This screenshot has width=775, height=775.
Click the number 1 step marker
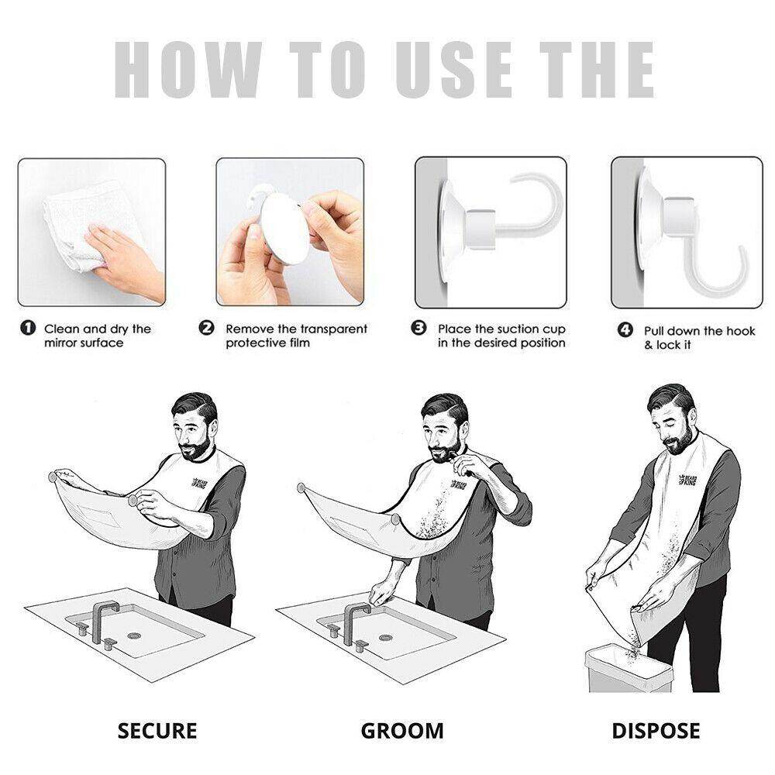coord(28,328)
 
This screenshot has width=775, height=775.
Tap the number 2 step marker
coord(207,328)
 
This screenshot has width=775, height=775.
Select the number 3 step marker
coord(418,328)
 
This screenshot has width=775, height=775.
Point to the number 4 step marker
coord(625,329)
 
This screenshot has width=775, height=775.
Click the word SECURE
coord(157,731)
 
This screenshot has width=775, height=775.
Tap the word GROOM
coord(401,731)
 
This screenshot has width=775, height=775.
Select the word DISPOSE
coord(656,731)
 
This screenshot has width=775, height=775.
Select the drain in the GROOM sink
coord(385,638)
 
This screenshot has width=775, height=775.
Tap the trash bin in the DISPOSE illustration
coord(629,670)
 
